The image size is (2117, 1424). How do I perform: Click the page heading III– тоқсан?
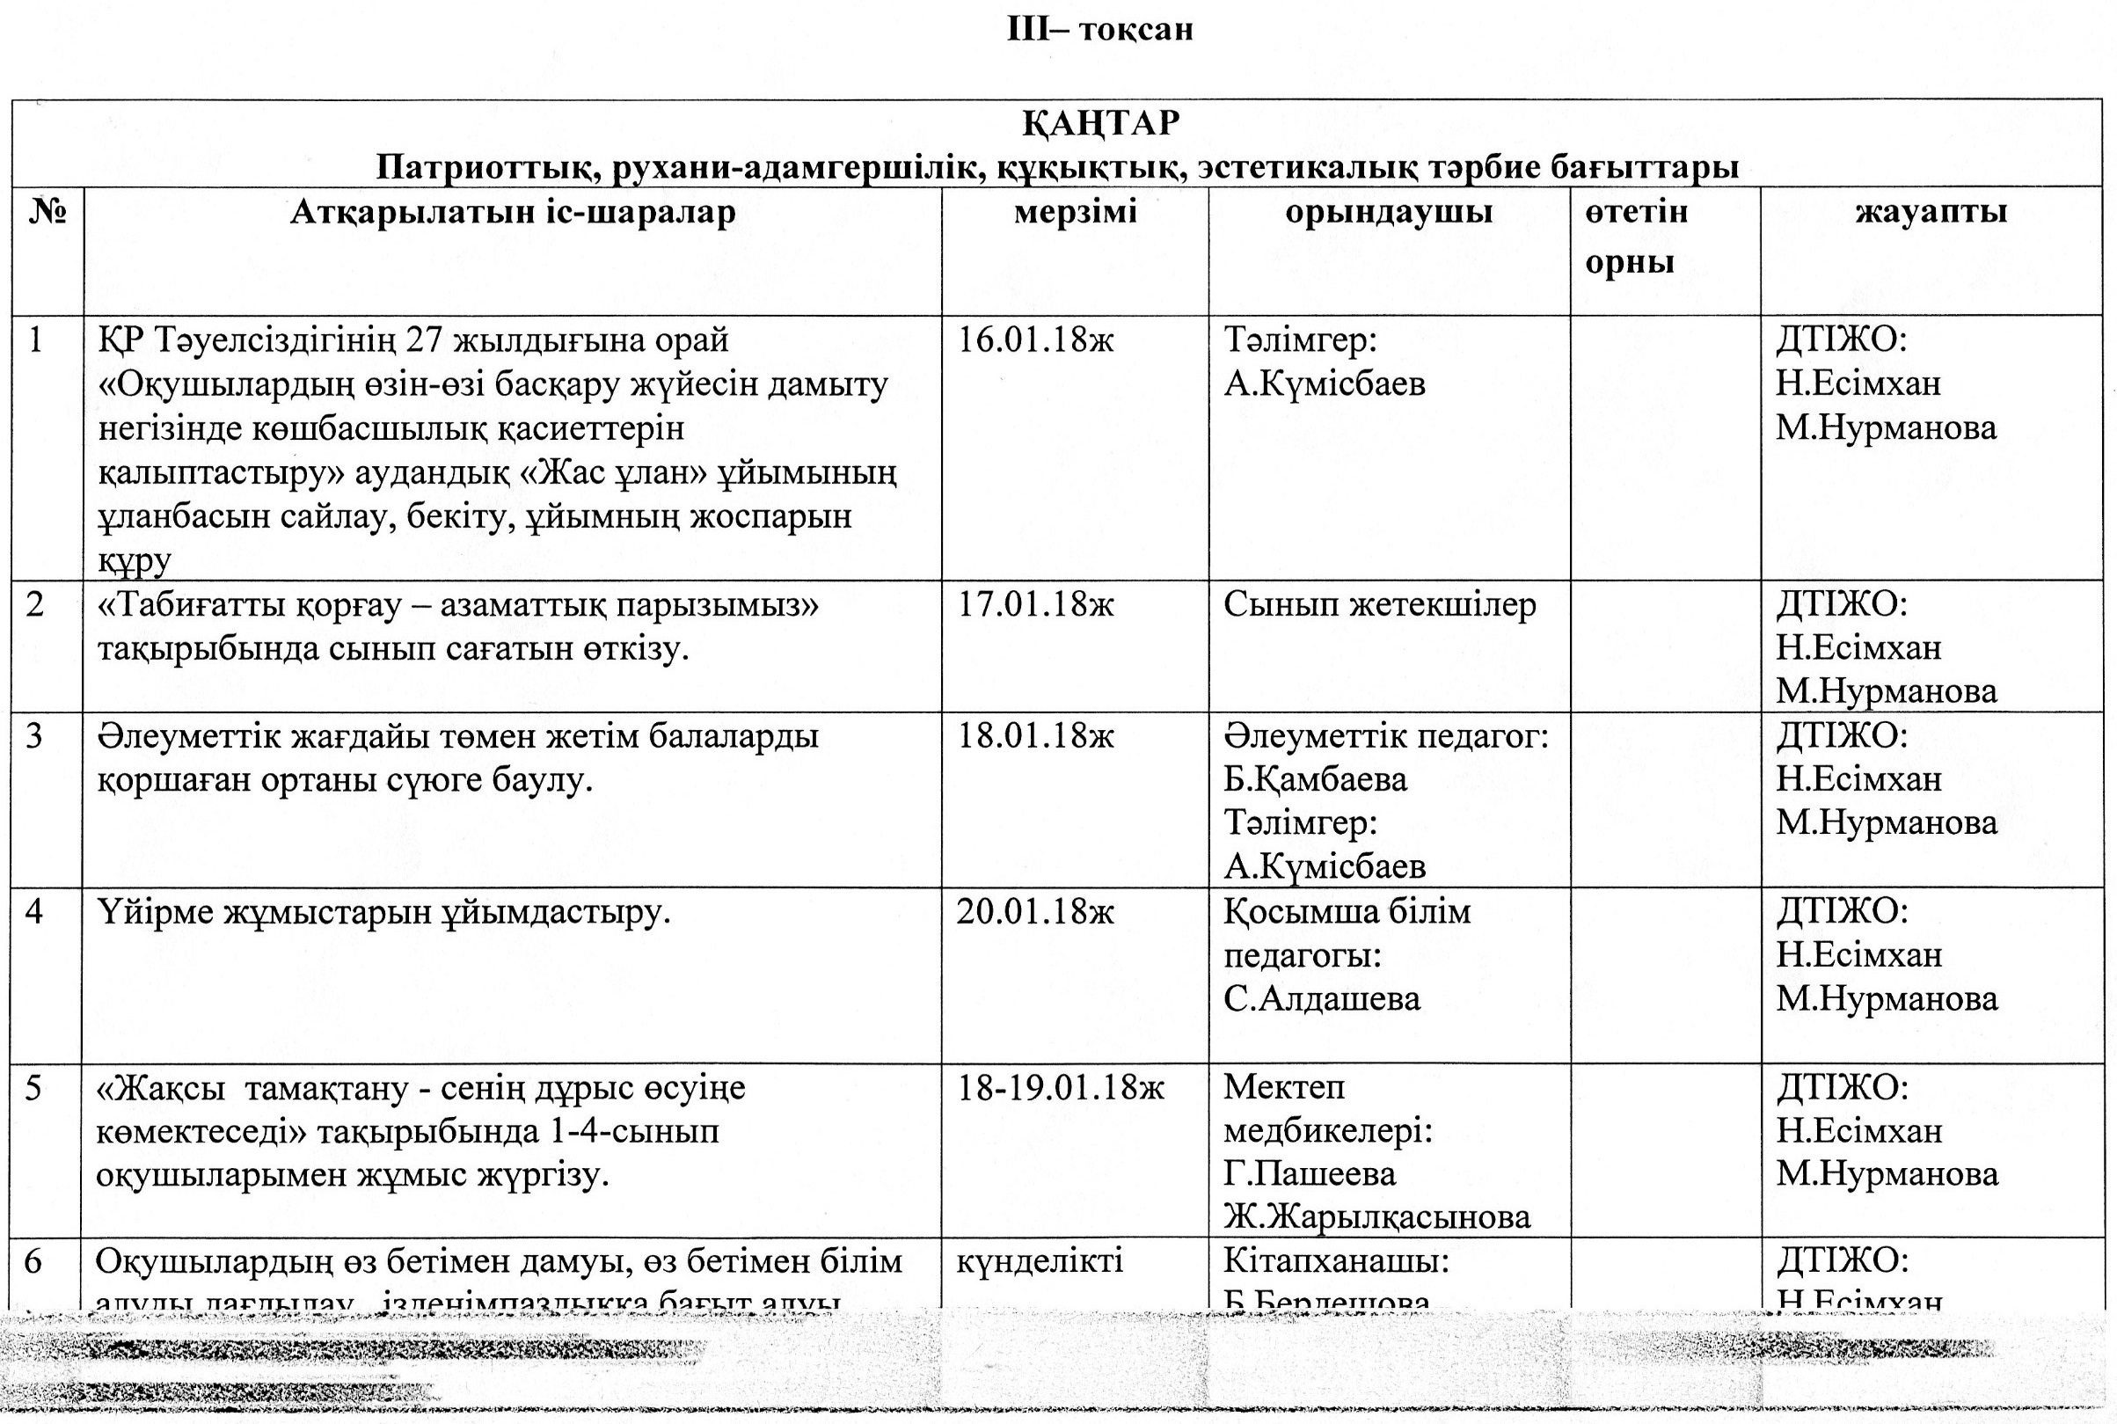click(x=1099, y=29)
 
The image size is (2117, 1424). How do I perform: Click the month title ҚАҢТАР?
click(x=1101, y=122)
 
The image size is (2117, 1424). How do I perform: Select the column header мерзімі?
click(x=1076, y=213)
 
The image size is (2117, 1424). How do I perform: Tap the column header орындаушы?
click(x=1389, y=213)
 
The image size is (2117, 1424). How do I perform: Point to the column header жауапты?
click(x=1931, y=213)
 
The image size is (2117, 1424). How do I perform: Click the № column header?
click(x=48, y=213)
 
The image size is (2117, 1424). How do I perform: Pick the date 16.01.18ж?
click(x=1035, y=340)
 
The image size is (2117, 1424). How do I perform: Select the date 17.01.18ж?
click(x=1035, y=605)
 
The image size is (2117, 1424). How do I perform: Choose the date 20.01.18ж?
click(x=1035, y=912)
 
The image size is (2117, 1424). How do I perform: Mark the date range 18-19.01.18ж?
click(x=1060, y=1088)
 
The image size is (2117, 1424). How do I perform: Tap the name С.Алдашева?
click(x=1321, y=999)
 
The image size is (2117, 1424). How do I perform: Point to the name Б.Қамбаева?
click(x=1315, y=779)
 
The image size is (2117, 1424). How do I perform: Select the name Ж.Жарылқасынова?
click(x=1376, y=1217)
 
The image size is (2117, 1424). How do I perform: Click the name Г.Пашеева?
click(x=1309, y=1174)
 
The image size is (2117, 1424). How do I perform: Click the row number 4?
click(x=34, y=912)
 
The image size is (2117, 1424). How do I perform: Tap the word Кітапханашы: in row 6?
click(x=1336, y=1261)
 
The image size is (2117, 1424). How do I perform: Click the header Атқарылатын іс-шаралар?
click(x=512, y=213)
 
